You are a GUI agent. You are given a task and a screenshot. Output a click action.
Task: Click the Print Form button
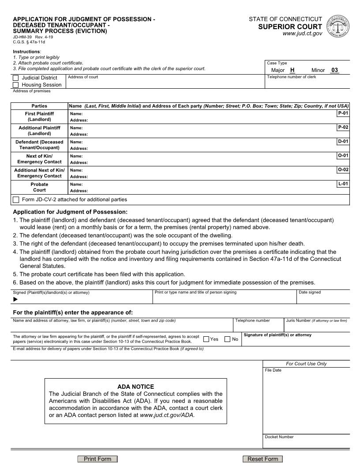[x=97, y=459]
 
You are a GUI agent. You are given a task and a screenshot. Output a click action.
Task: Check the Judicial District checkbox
[x=16, y=78]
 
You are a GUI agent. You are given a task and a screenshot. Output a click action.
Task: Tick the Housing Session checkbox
[x=16, y=85]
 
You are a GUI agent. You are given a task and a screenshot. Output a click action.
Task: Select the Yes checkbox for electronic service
[x=206, y=339]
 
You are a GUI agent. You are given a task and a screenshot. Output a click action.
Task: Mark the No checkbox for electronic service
[x=228, y=339]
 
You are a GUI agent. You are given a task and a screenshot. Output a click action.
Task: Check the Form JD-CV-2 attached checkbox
[x=16, y=199]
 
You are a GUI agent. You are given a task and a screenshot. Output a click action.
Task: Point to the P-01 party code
[x=343, y=113]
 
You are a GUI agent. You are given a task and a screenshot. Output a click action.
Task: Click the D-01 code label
[x=343, y=142]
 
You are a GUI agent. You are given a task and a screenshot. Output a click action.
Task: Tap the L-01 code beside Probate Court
[x=343, y=184]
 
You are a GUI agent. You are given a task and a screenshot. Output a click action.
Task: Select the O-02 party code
[x=343, y=170]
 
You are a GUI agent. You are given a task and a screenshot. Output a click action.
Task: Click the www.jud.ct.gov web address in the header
[x=302, y=34]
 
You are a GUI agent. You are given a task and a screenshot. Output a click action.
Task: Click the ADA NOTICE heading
[x=135, y=387]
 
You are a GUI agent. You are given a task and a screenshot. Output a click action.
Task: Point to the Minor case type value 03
[x=334, y=70]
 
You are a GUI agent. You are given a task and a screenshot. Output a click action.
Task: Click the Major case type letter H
[x=292, y=70]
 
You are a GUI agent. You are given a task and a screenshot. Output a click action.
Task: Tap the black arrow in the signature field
[x=16, y=299]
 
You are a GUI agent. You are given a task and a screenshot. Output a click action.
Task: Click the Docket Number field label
[x=279, y=437]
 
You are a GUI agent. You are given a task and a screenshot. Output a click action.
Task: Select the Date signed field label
[x=310, y=292]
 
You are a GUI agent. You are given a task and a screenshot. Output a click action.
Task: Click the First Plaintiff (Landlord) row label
[x=39, y=116]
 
